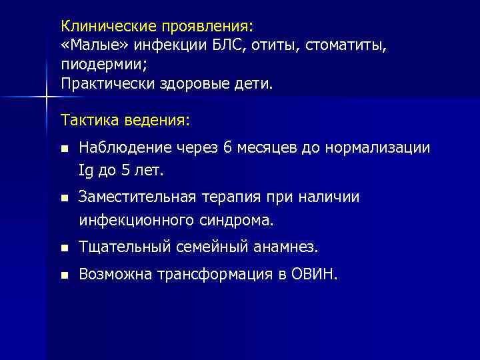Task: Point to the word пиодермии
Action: (102, 66)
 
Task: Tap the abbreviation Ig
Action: (85, 170)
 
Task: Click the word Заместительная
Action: (137, 197)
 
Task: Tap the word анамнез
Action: (289, 248)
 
